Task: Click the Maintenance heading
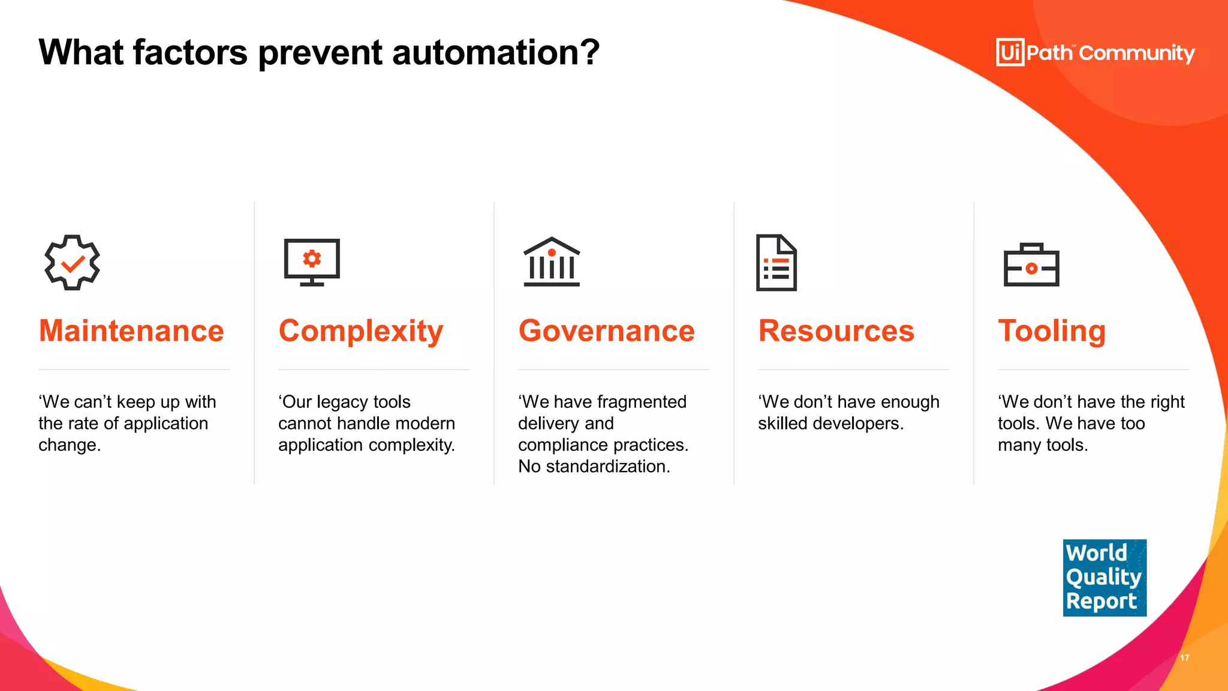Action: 131,331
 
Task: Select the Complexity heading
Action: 360,332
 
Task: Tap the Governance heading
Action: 606,331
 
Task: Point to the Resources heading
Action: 836,331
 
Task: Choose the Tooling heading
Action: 1052,331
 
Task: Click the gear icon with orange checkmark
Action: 73,263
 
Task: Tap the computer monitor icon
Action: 312,262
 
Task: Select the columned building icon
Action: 552,262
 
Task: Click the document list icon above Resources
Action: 776,263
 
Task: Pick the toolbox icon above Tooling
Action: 1031,265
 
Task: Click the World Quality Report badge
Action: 1104,578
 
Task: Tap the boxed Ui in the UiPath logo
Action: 1010,52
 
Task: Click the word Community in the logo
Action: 1137,53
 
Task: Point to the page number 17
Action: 1184,657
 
